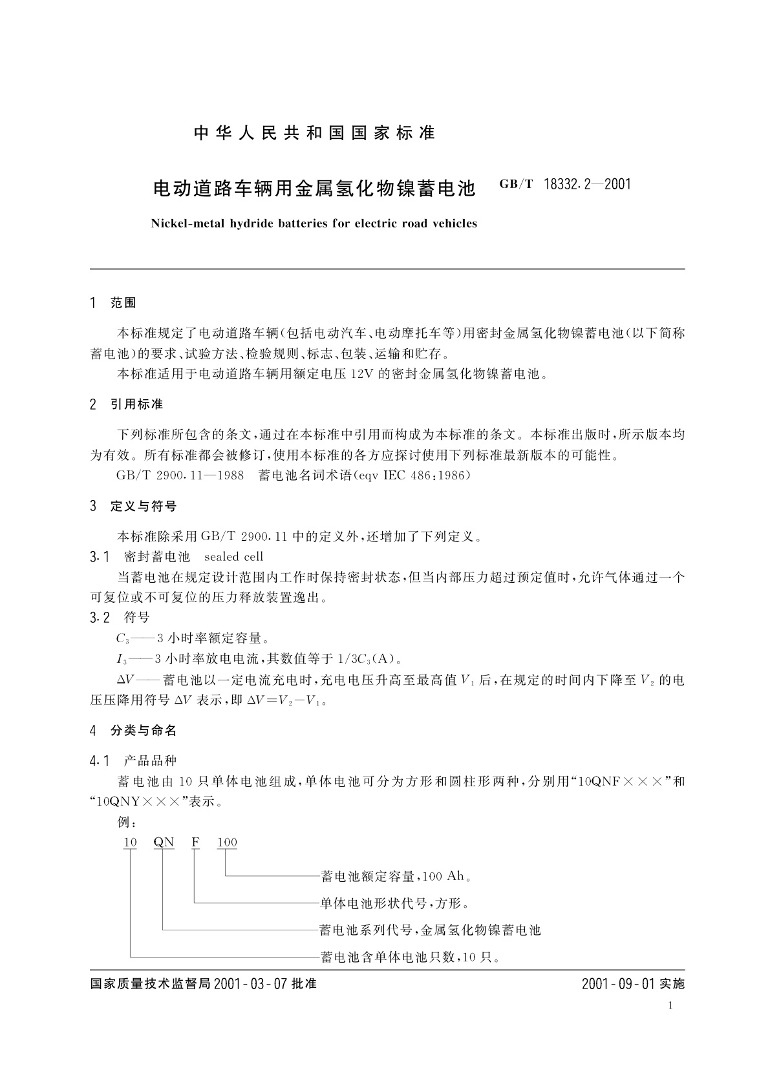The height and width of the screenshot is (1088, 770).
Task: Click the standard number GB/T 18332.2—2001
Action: (565, 185)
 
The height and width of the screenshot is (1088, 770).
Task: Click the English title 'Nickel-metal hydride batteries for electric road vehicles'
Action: (314, 224)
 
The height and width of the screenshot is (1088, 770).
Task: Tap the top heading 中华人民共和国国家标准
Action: (315, 133)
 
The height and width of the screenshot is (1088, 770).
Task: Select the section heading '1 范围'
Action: (114, 302)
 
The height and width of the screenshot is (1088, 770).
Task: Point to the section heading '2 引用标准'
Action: (127, 404)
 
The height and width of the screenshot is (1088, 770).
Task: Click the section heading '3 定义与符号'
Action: (134, 506)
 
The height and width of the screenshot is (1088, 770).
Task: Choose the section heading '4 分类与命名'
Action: (134, 731)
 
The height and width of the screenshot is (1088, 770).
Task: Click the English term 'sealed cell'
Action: (233, 556)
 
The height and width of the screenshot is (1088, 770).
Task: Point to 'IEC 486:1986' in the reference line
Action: (424, 476)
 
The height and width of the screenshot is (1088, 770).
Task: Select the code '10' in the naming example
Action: (130, 842)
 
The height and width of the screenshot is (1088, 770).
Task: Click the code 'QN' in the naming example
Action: (164, 842)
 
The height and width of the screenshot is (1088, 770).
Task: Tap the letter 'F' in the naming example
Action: (195, 842)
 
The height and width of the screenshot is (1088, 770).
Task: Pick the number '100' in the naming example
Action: (227, 842)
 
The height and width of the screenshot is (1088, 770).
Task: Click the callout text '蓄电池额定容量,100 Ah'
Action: (395, 877)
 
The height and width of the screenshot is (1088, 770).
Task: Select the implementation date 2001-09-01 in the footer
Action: (619, 985)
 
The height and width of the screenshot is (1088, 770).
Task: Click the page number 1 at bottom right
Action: (670, 1006)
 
